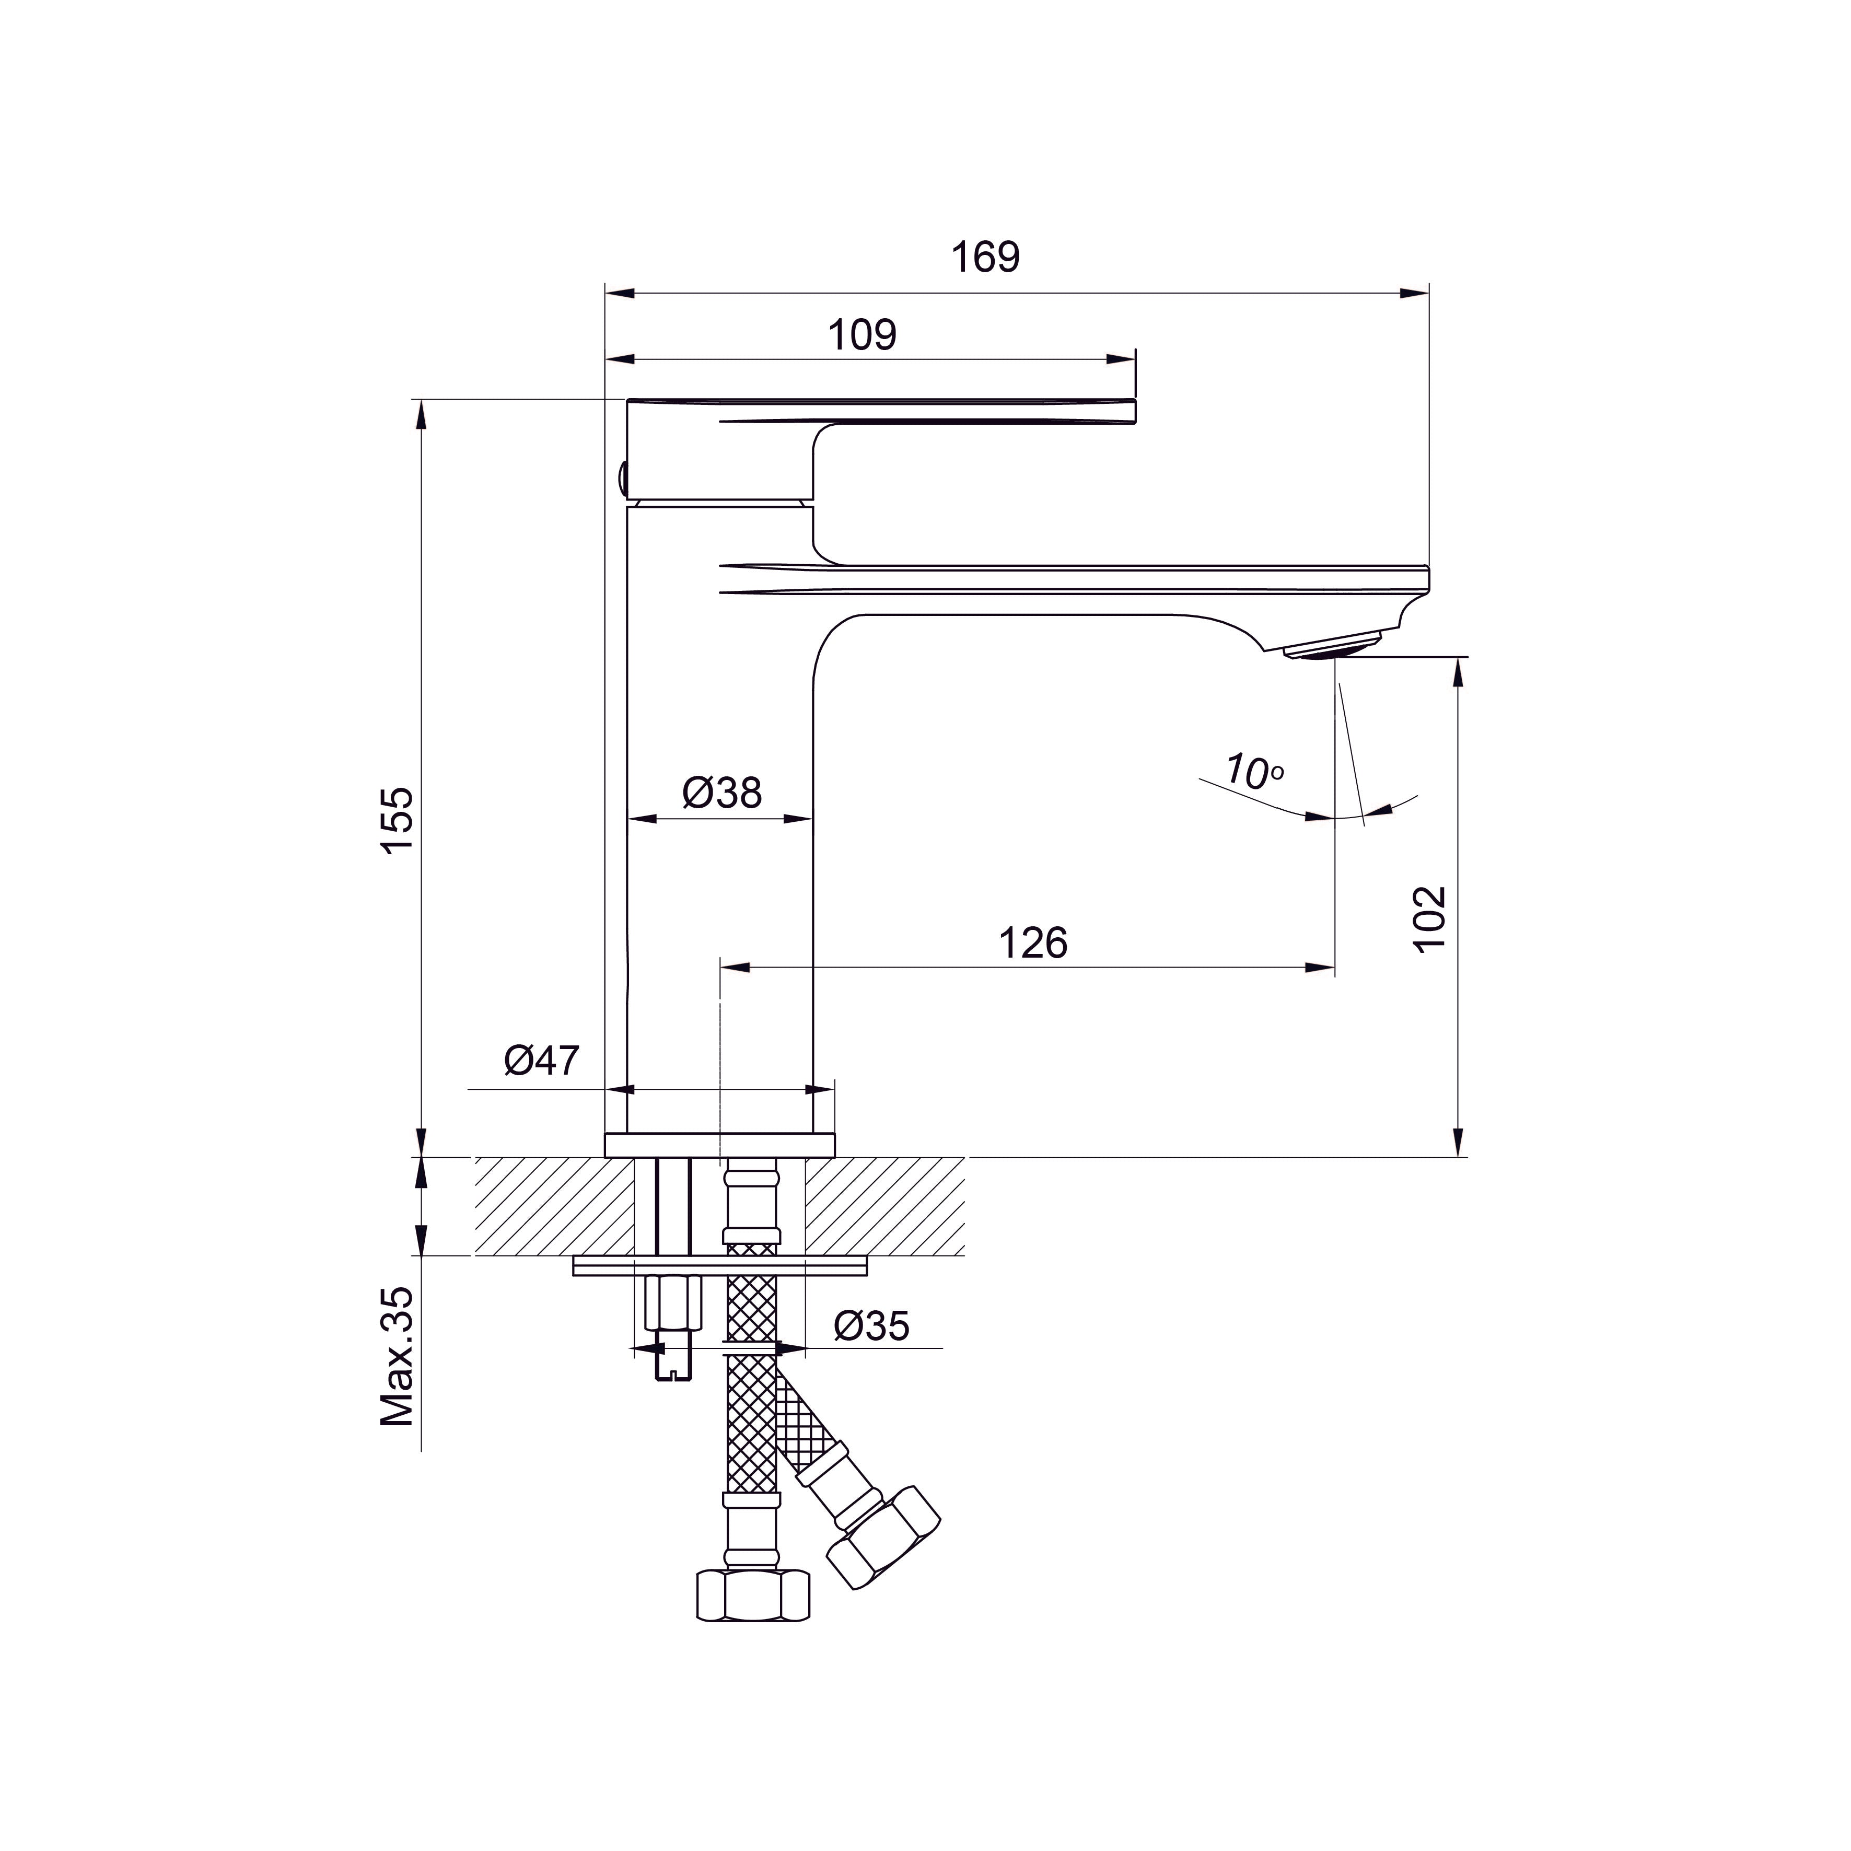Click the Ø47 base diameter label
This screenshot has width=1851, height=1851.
[541, 1061]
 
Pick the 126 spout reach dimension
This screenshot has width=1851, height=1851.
[1033, 944]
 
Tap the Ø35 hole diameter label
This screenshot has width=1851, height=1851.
[870, 1326]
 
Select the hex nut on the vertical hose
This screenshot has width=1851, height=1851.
[752, 1595]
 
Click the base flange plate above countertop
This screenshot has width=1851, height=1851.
[719, 1145]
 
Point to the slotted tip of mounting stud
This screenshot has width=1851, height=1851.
[673, 1375]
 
